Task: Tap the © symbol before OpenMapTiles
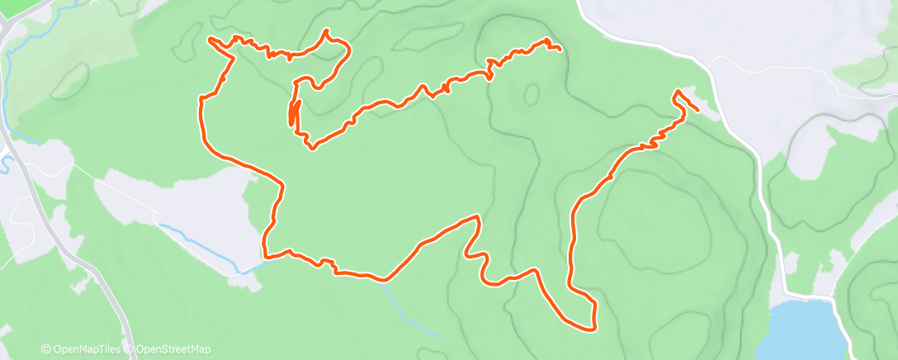click(45, 350)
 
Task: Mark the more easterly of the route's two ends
click(699, 110)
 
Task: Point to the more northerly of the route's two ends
click(561, 50)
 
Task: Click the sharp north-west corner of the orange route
click(210, 39)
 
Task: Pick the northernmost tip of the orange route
click(328, 31)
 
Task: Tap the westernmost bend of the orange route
click(200, 100)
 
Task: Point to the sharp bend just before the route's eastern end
click(676, 91)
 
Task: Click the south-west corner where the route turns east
click(264, 253)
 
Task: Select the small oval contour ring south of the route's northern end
click(531, 92)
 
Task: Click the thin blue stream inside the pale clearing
click(198, 240)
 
